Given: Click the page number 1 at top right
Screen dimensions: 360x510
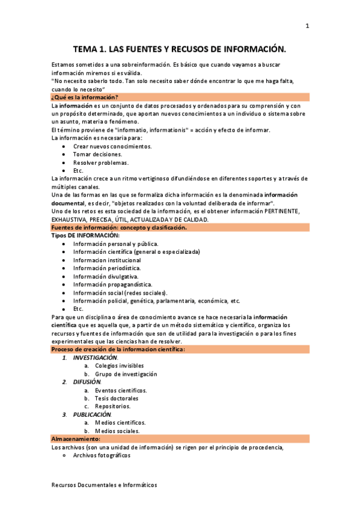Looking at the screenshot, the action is (307, 26).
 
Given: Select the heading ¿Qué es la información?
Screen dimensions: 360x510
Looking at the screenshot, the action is (85, 97).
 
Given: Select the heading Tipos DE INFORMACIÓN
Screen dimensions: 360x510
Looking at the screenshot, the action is (85, 235).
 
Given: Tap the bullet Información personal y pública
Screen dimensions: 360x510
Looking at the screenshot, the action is (115, 244).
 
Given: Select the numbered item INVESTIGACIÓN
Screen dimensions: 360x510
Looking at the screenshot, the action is (96, 357).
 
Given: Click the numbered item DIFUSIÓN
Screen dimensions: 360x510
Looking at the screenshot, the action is (87, 382).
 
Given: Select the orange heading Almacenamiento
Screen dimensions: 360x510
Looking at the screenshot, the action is (75, 439).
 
